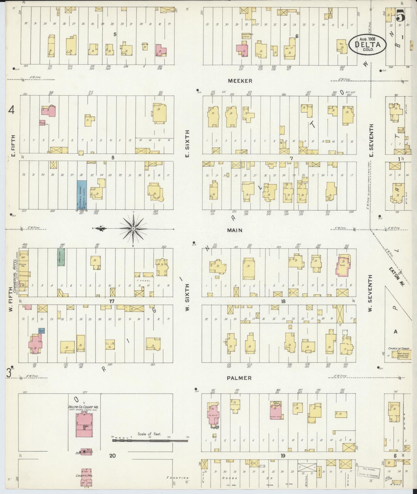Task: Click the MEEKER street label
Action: pos(240,81)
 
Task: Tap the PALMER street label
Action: pos(239,378)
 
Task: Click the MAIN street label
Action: pos(234,230)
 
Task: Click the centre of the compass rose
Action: pos(133,229)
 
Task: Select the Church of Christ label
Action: pos(399,348)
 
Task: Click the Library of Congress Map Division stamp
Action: pos(369,472)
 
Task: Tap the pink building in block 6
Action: pos(242,49)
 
